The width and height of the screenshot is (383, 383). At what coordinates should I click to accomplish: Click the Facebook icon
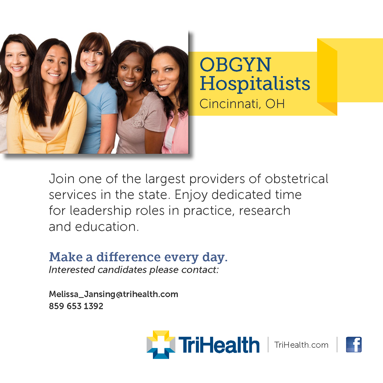pyautogui.click(x=354, y=344)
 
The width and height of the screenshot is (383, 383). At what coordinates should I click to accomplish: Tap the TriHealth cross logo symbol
pyautogui.click(x=161, y=344)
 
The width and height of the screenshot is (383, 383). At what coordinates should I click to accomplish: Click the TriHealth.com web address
pyautogui.click(x=301, y=345)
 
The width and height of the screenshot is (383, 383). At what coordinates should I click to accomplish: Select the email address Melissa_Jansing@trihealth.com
pyautogui.click(x=114, y=294)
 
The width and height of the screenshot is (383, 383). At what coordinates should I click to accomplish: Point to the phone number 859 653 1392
pyautogui.click(x=76, y=306)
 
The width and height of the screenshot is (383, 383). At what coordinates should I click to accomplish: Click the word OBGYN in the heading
pyautogui.click(x=235, y=65)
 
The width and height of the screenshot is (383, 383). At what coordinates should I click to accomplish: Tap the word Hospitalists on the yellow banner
pyautogui.click(x=255, y=83)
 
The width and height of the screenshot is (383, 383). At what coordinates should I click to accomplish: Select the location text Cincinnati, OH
pyautogui.click(x=242, y=104)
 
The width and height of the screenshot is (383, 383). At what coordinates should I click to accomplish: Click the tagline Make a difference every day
pyautogui.click(x=138, y=257)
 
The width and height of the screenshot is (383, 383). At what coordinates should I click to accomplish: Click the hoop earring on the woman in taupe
pyautogui.click(x=144, y=80)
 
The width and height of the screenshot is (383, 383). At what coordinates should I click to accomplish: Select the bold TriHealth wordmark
pyautogui.click(x=219, y=345)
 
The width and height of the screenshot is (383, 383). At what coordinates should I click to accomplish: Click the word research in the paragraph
pyautogui.click(x=264, y=211)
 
